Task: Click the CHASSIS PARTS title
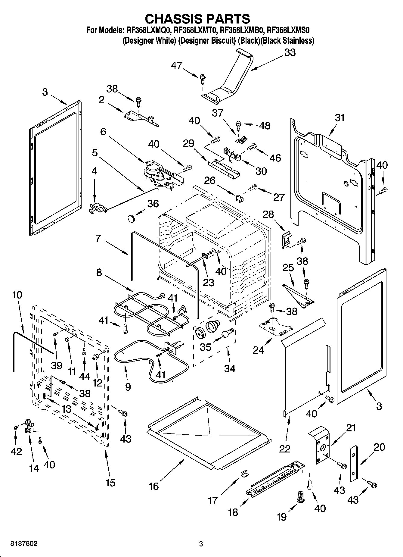click(x=197, y=19)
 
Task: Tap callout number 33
click(x=290, y=52)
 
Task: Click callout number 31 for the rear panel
click(x=339, y=117)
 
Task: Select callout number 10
click(x=17, y=295)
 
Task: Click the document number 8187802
click(x=24, y=544)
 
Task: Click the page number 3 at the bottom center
click(x=201, y=544)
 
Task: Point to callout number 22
click(x=284, y=449)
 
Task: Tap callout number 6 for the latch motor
click(x=103, y=132)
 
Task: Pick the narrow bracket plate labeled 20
click(x=354, y=464)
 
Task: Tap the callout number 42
click(x=16, y=451)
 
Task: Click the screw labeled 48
click(x=238, y=124)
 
